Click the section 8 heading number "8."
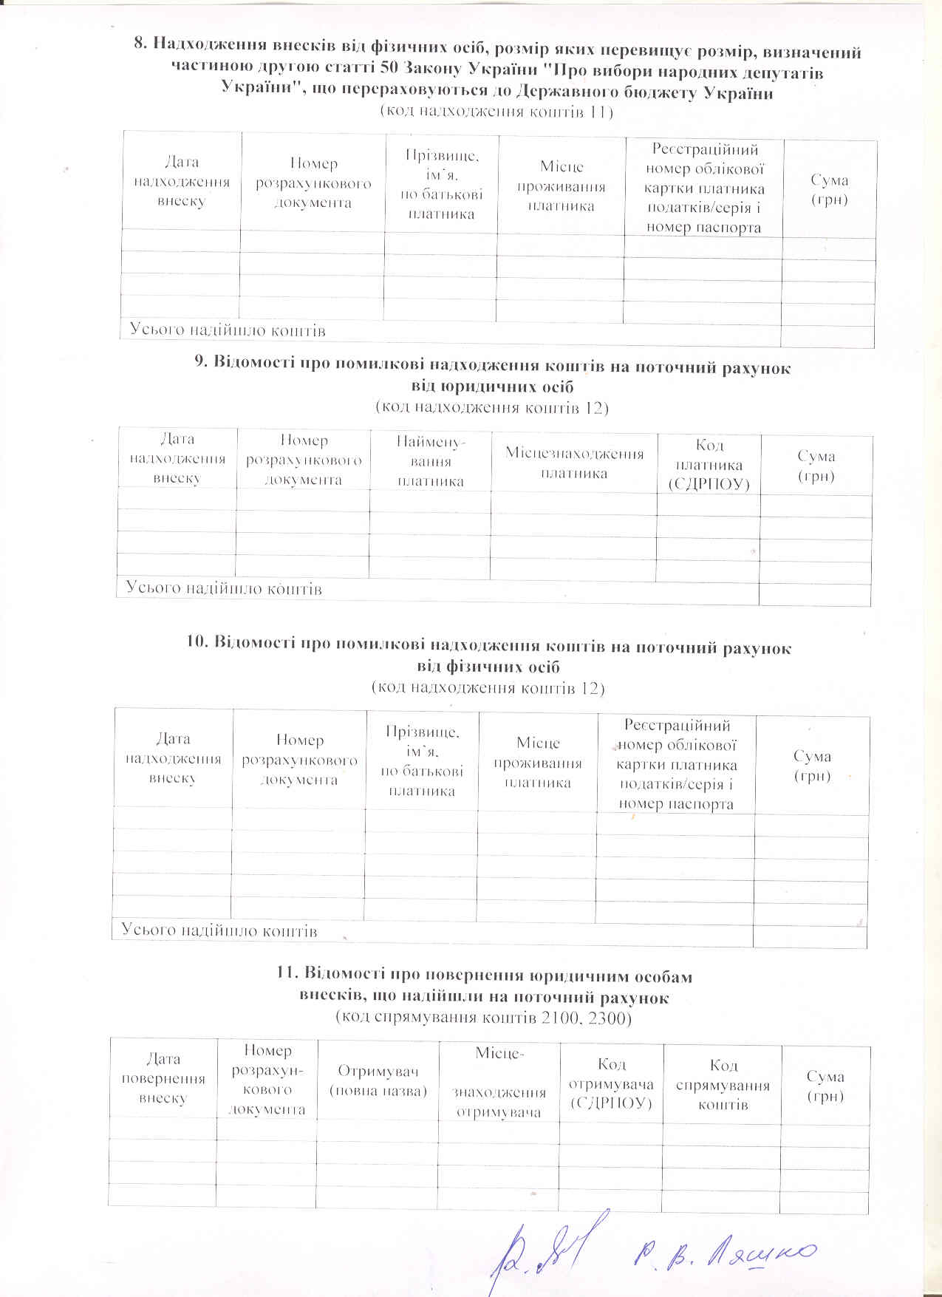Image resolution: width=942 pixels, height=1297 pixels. (140, 52)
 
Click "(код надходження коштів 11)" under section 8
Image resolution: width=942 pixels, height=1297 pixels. (496, 112)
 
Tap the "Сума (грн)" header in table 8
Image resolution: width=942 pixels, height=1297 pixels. (829, 190)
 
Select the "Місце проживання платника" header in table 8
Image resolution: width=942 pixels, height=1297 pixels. (562, 187)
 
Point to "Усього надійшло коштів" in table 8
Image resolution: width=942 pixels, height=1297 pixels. (228, 330)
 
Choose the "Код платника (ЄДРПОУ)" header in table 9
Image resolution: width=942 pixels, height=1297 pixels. (709, 465)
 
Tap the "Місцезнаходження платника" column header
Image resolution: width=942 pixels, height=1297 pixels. (574, 463)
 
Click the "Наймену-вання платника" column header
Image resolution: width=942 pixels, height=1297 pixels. (431, 462)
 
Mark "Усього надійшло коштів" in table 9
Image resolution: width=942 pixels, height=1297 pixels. (224, 589)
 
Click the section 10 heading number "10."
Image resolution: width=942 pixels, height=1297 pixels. (197, 647)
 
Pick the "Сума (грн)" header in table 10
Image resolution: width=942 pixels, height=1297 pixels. (812, 766)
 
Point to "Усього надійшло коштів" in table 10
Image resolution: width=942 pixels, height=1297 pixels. (219, 930)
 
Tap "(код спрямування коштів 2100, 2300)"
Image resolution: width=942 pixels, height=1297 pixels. (484, 1018)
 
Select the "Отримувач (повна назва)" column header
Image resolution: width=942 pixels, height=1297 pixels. (378, 1080)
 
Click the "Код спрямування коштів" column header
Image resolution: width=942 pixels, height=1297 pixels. (723, 1085)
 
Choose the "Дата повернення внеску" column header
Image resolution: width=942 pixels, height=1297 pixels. (163, 1079)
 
